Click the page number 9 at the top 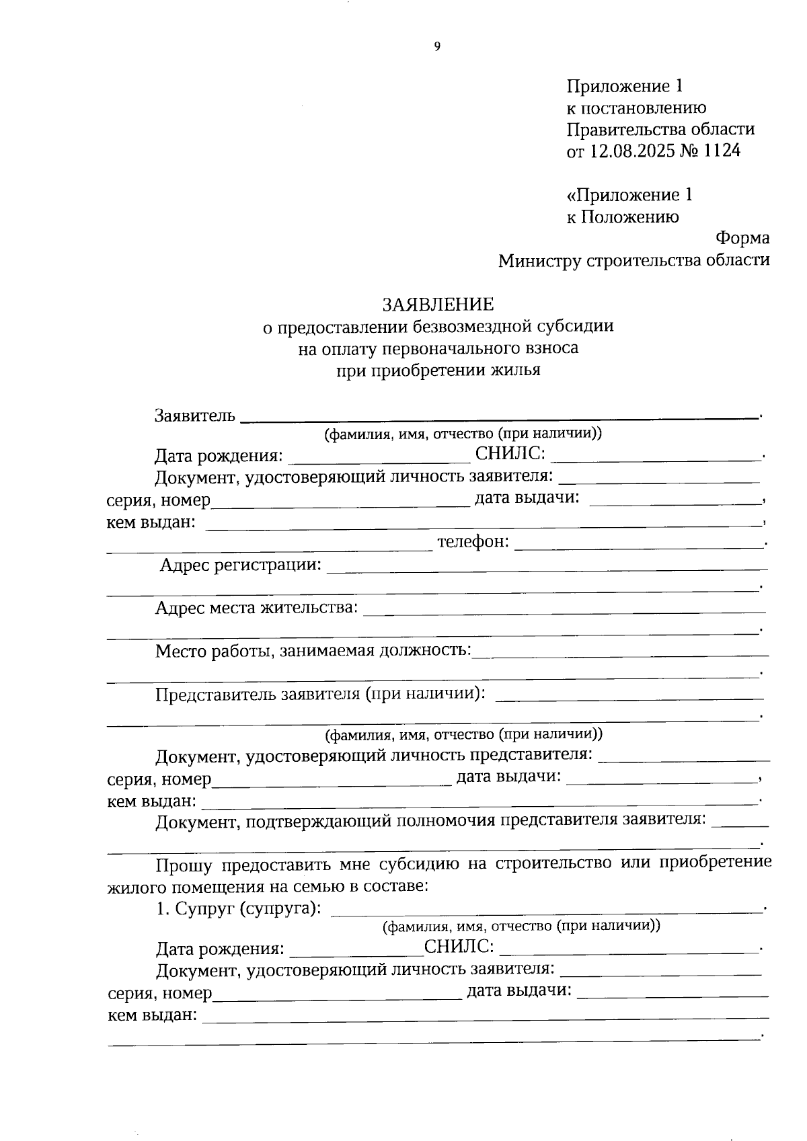click(x=437, y=46)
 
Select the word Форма click(x=742, y=238)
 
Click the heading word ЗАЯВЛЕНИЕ click(x=438, y=305)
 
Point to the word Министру click(x=539, y=260)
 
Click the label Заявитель click(x=194, y=416)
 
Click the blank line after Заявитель click(x=498, y=417)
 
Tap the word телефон click(x=473, y=542)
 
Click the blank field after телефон click(x=639, y=543)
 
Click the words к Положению click(x=623, y=217)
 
